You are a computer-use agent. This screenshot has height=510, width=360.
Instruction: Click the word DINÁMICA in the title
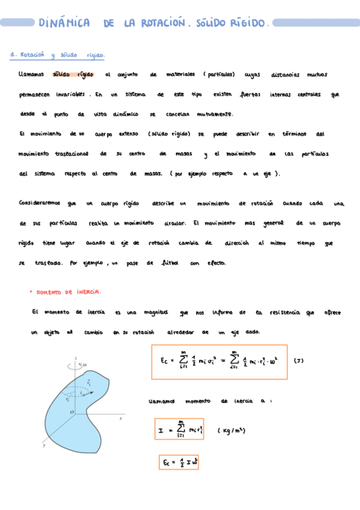point(64,23)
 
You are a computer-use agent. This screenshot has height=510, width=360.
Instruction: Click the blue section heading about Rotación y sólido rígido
point(58,55)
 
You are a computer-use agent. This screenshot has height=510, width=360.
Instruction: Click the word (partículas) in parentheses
point(218,75)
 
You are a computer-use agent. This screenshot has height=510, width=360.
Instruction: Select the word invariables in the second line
point(70,95)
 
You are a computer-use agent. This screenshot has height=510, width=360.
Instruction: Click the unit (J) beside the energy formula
point(299,361)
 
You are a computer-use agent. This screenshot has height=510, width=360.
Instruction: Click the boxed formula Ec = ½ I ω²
point(172,462)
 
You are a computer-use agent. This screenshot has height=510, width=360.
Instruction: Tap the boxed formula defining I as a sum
point(179,430)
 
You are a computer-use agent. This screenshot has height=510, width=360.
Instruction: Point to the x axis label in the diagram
point(121,417)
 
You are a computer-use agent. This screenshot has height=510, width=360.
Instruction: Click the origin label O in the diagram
point(72,411)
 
